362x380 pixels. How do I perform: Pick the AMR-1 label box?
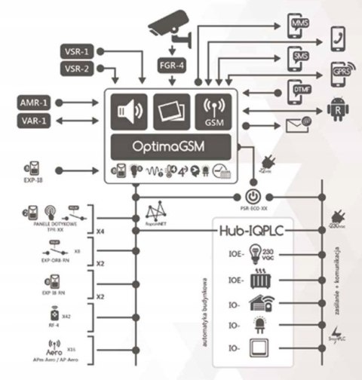click(x=35, y=101)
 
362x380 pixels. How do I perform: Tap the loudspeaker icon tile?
click(x=130, y=111)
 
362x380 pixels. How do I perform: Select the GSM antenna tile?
click(x=215, y=111)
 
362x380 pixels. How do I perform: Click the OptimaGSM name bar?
click(x=173, y=146)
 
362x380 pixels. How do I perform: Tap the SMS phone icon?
click(x=300, y=58)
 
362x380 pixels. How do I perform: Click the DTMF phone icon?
click(x=300, y=90)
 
